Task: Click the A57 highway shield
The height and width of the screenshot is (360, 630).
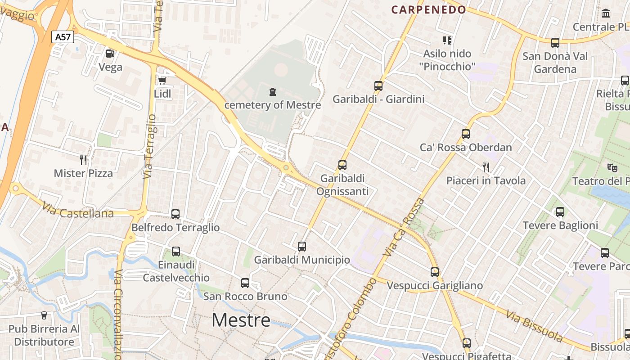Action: tap(63, 36)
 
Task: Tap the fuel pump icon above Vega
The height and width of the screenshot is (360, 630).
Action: tap(110, 54)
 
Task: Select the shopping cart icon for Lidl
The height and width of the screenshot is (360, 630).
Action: tap(162, 81)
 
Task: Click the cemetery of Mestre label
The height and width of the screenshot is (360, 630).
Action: tap(273, 105)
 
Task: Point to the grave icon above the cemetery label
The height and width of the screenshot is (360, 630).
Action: tap(272, 92)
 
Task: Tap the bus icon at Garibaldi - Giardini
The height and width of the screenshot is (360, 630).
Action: tap(378, 85)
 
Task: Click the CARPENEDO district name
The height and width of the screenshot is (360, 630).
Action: tap(428, 9)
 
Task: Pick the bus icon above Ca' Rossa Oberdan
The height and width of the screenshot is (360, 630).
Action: tap(465, 134)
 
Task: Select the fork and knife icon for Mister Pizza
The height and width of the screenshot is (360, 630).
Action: tap(83, 160)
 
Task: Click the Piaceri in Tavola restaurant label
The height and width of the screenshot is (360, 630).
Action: tap(486, 180)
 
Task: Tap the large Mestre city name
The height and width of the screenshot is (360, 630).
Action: tap(241, 320)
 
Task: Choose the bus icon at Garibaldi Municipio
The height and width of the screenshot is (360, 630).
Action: tap(302, 246)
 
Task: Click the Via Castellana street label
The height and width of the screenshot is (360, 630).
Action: tap(78, 210)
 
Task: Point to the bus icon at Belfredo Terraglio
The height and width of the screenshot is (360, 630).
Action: tap(175, 214)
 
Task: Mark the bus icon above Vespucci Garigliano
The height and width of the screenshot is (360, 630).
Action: tap(434, 272)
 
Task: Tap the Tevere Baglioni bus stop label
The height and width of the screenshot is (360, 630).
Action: tap(560, 225)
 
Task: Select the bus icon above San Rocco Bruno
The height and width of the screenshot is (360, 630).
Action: tap(245, 283)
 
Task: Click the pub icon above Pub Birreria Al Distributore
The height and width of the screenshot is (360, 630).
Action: tap(44, 315)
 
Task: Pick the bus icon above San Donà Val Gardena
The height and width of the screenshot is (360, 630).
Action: tap(555, 43)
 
